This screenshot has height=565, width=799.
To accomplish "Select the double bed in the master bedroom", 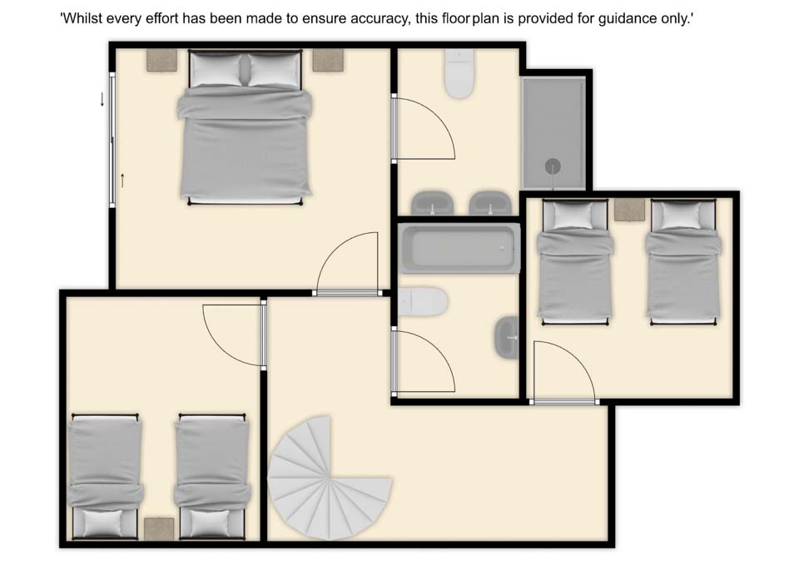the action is (245, 127).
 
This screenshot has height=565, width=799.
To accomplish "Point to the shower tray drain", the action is (553, 166).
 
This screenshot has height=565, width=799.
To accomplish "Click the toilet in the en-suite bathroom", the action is (459, 73).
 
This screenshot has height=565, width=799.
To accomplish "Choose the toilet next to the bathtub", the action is (423, 301).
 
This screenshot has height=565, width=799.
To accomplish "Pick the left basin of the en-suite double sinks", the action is (432, 203).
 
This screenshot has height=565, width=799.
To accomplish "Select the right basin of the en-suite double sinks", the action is (490, 203).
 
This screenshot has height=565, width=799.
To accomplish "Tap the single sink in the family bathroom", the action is (507, 337).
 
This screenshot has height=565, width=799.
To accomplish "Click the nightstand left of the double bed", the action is (161, 60).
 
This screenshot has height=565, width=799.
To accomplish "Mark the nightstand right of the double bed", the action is (328, 60).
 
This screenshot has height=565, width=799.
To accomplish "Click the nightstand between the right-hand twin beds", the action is (629, 210).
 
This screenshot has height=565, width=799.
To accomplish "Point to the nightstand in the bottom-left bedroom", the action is (159, 529).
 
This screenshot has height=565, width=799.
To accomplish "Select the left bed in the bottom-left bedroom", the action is (106, 477).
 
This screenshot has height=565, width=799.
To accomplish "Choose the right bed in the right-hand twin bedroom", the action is (683, 262).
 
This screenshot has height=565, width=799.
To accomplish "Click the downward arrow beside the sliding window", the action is (102, 99).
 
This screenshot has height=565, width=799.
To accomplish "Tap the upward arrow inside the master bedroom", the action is (122, 181).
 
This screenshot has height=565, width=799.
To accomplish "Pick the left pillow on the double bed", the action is (216, 70).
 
